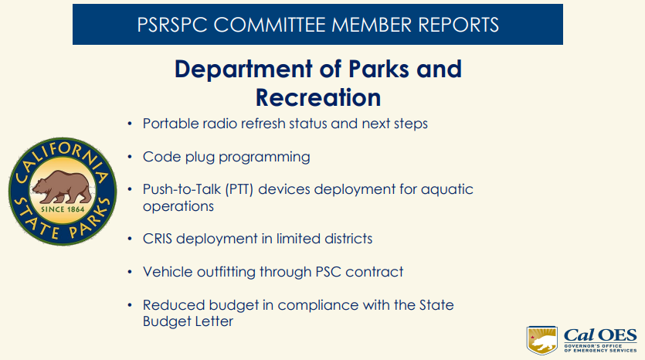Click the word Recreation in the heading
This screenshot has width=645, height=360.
point(318,97)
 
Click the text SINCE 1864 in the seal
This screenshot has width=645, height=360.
point(63,209)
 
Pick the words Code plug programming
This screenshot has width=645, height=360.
point(226,157)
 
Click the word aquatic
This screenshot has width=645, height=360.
point(447,189)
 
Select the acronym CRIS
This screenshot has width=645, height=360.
point(158,239)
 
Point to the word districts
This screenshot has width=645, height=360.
point(343,239)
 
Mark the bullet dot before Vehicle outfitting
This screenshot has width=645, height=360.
point(130,272)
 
